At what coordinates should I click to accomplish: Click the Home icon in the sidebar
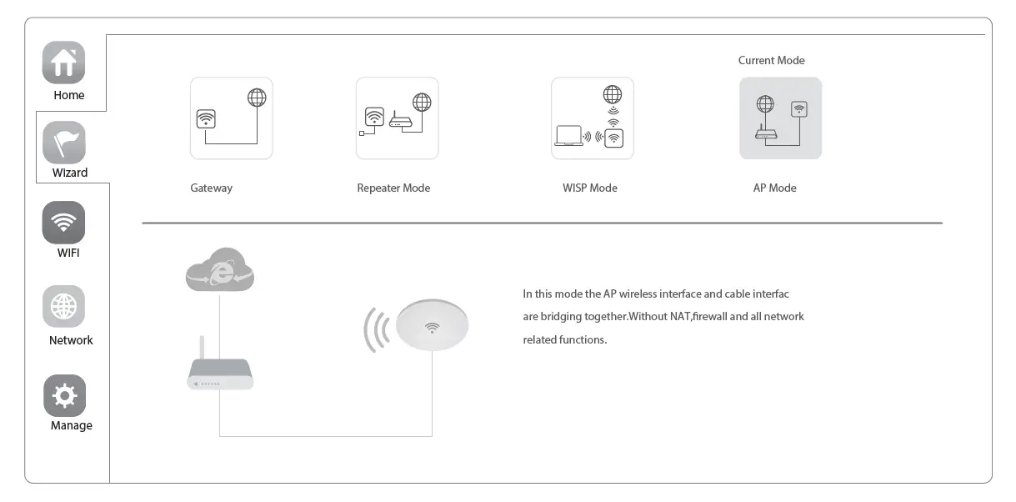coord(63,63)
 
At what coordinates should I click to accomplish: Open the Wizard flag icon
coord(63,143)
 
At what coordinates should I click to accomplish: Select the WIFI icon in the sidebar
coord(63,223)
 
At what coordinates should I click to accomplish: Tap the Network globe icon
coord(63,307)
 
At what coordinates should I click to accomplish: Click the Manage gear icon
coord(64,395)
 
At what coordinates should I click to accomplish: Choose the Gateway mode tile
coord(231,118)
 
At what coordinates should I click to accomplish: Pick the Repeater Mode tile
coord(397,118)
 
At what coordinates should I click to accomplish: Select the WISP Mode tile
coord(592,118)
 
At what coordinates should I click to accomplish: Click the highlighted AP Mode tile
coord(780,118)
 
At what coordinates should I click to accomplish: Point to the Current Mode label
coord(771,61)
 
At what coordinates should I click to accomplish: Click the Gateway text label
coord(211,188)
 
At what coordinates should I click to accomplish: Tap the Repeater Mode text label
coord(393,188)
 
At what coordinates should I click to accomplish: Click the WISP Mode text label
coord(589,188)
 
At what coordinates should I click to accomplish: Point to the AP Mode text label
coord(774,188)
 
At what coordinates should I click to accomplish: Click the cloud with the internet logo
coord(220,269)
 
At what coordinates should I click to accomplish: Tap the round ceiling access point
coord(432,324)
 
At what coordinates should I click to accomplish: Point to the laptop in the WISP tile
coord(568,136)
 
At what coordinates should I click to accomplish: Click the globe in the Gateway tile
coord(257,98)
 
